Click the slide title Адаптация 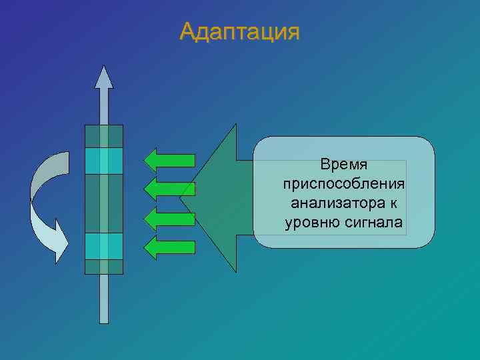pyautogui.click(x=239, y=31)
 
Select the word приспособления pyautogui.click(x=344, y=183)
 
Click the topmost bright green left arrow pyautogui.click(x=169, y=160)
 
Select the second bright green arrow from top pyautogui.click(x=169, y=189)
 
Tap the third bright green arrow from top pyautogui.click(x=169, y=218)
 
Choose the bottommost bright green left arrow pyautogui.click(x=169, y=247)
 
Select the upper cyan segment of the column pyautogui.click(x=103, y=161)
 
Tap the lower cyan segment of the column pyautogui.click(x=103, y=245)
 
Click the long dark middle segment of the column pyautogui.click(x=103, y=203)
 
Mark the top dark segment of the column pyautogui.click(x=103, y=136)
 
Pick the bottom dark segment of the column pyautogui.click(x=103, y=266)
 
